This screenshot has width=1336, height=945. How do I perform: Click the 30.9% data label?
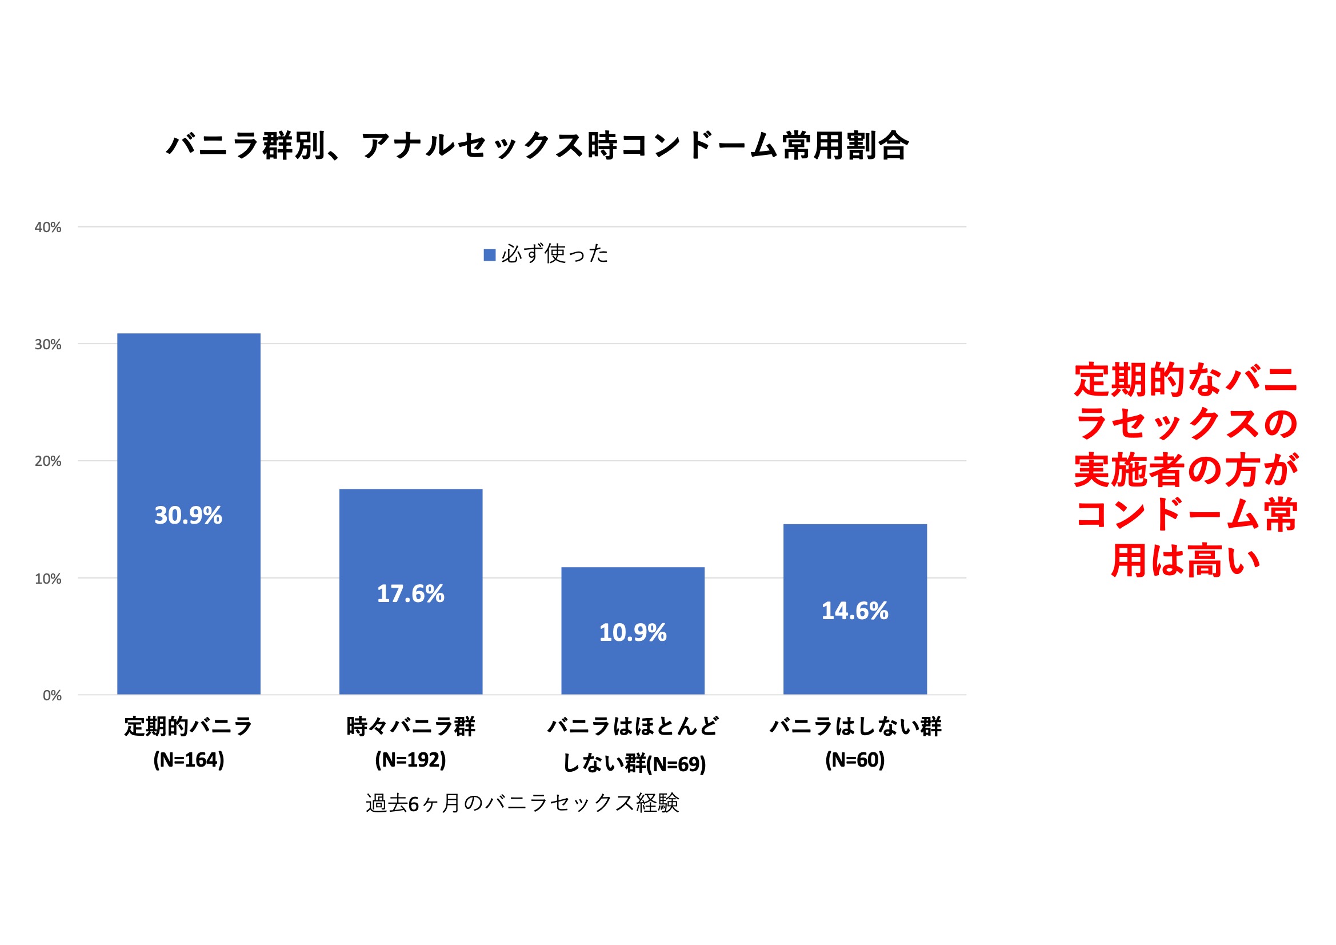188,515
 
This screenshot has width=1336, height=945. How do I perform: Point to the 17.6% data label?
410,594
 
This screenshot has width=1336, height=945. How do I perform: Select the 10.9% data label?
633,633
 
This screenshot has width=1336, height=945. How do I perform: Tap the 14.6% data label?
855,611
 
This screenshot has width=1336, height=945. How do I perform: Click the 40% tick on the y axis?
48,228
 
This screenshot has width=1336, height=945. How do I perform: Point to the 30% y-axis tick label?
48,345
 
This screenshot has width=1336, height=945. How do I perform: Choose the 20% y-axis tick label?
48,462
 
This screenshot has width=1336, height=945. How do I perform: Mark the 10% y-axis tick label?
48,579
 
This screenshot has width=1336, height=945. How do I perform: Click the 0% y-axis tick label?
52,696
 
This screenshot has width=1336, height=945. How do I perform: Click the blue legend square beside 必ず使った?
489,255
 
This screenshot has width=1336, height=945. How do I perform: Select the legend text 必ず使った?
554,254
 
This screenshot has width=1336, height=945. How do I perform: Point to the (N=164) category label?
189,760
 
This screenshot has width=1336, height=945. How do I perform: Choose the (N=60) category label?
855,760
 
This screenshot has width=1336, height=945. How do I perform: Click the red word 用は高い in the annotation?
1185,561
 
